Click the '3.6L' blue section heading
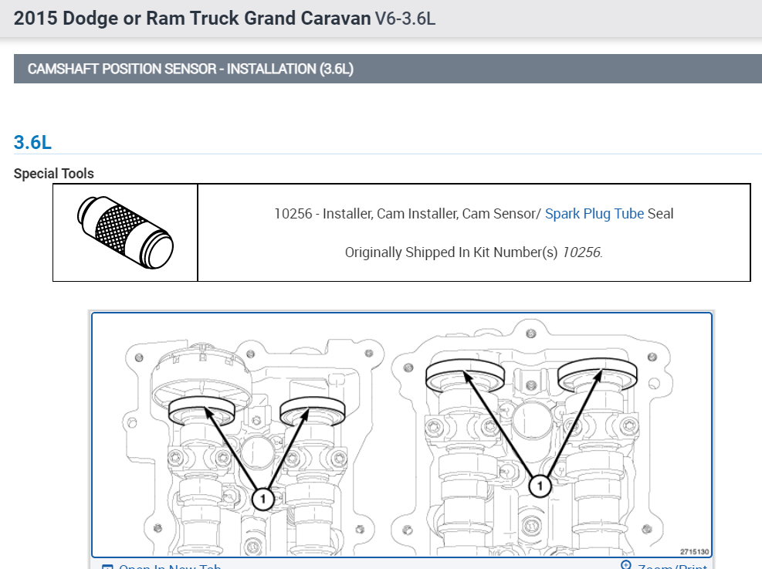(32, 142)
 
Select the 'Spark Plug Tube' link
(594, 214)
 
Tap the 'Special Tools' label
(54, 174)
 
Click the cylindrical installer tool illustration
(126, 232)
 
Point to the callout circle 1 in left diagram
(263, 500)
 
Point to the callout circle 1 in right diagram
(540, 486)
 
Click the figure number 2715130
(694, 551)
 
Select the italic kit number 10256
(581, 252)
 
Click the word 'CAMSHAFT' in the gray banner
(62, 69)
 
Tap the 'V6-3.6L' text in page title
(405, 18)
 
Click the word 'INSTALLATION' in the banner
(272, 69)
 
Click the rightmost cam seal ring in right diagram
(598, 375)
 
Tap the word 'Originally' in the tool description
(374, 252)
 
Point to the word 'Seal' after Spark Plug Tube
(661, 214)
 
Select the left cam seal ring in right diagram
(465, 375)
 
